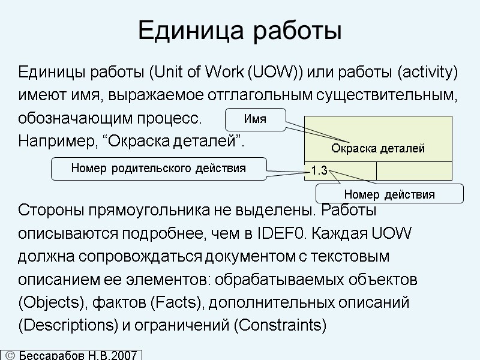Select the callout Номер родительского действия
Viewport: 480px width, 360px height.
point(158,169)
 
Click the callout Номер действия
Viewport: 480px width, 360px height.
point(389,194)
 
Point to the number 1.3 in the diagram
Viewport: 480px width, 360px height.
point(319,171)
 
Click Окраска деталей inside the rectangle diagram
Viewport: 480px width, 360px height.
point(378,148)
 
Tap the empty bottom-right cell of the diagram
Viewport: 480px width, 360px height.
point(414,170)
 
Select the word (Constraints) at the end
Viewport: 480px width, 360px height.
point(280,326)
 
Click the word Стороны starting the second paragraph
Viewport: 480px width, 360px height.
point(49,211)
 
